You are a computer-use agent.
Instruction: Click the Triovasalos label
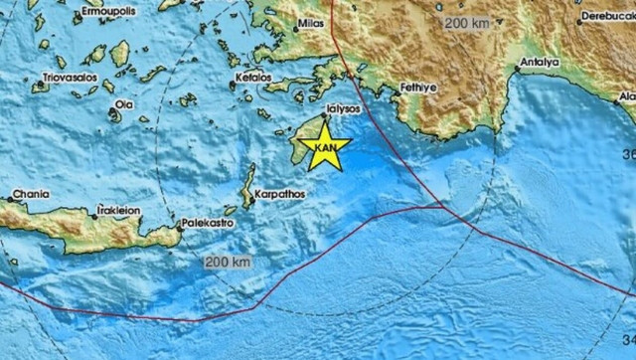tap(66, 77)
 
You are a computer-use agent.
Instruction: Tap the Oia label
tap(123, 102)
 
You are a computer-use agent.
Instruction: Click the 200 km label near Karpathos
tap(228, 262)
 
